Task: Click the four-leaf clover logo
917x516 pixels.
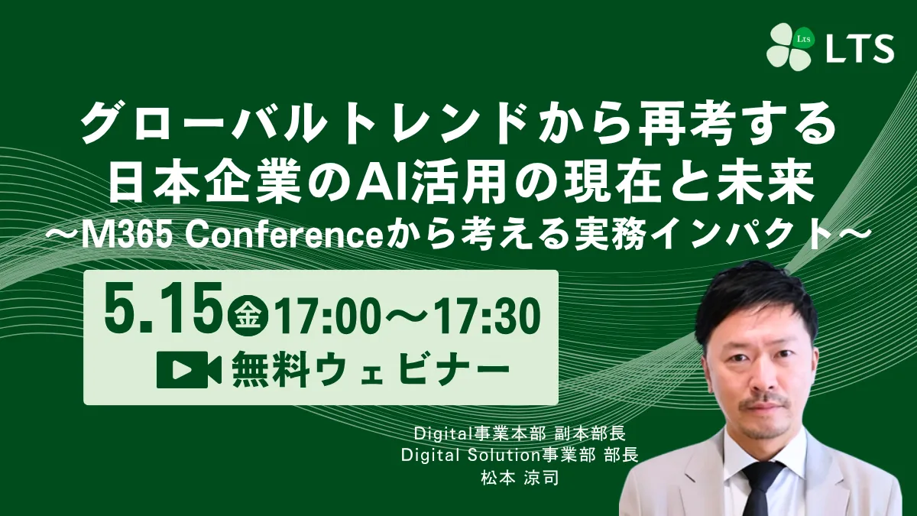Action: click(x=791, y=47)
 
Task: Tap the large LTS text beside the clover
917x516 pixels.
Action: click(x=859, y=48)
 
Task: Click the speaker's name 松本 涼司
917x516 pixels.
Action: click(x=520, y=478)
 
